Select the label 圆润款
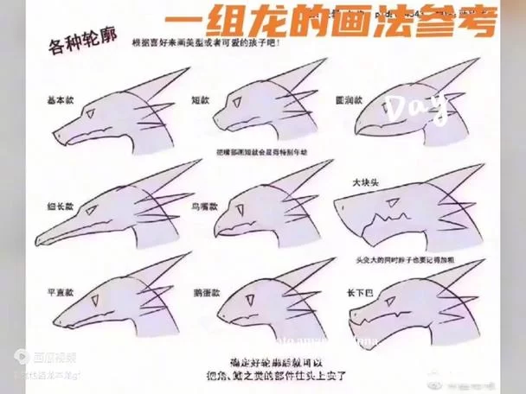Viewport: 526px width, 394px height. [346, 100]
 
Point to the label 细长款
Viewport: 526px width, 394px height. [59, 207]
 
